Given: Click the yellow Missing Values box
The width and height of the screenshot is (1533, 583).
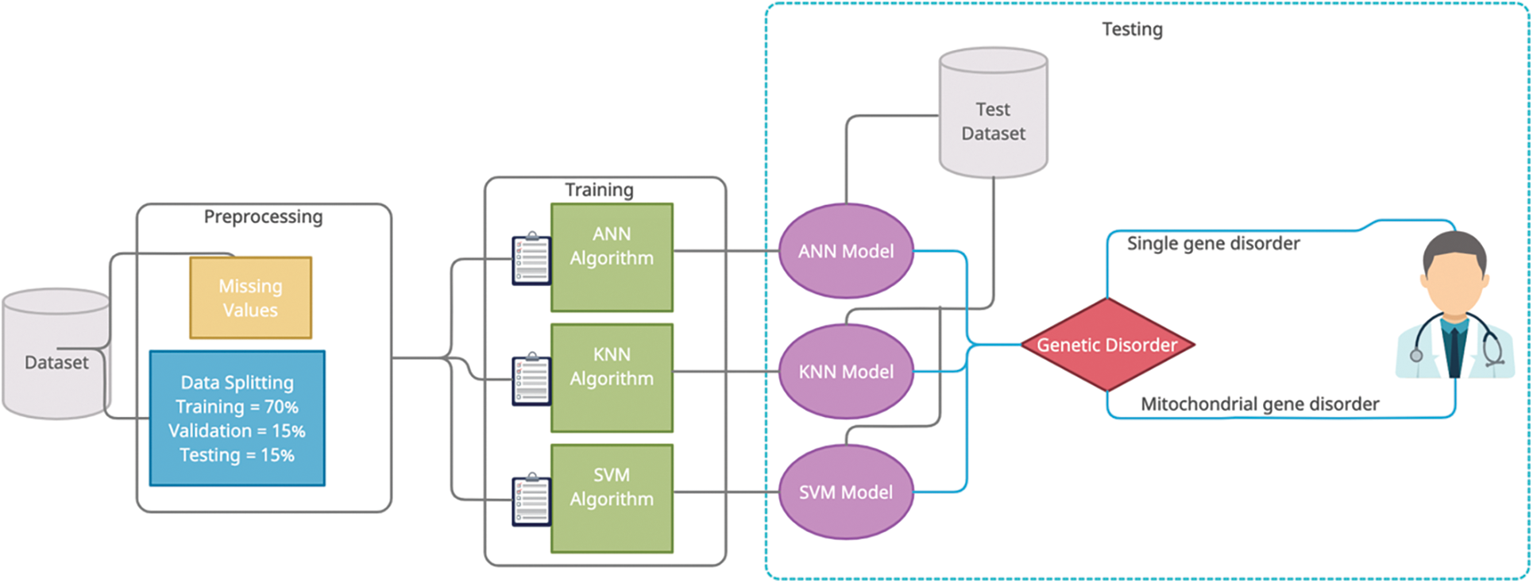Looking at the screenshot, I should (x=250, y=298).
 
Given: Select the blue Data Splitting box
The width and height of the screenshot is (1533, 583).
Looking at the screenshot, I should (x=237, y=418).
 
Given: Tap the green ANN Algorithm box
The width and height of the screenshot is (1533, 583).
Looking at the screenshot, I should (x=612, y=257).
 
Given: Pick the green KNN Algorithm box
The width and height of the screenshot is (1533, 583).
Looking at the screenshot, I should (x=612, y=378).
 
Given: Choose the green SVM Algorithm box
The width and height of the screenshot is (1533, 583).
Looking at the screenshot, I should (x=612, y=498).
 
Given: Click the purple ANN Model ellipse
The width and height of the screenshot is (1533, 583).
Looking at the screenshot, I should (x=846, y=251).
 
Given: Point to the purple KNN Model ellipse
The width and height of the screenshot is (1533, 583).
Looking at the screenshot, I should (x=846, y=371).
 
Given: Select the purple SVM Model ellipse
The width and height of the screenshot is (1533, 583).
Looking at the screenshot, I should (x=846, y=492).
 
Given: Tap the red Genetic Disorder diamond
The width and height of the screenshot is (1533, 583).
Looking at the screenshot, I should (x=1107, y=345).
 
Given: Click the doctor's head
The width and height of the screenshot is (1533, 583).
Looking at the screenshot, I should (x=1454, y=270).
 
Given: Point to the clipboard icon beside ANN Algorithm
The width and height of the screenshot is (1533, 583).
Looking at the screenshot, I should (x=531, y=258).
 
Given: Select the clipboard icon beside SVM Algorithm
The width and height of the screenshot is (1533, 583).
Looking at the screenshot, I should (x=531, y=500).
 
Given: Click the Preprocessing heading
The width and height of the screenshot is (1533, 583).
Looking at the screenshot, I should (x=263, y=217).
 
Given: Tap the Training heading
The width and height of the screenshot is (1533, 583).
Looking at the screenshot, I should (x=599, y=190).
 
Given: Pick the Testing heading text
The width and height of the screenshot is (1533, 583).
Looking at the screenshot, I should (x=1132, y=29).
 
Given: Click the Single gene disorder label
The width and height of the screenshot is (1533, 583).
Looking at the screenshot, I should (x=1213, y=243).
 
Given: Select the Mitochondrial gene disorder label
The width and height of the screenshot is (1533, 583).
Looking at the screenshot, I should (x=1259, y=404).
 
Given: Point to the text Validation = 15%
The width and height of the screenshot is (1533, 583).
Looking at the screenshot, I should (x=237, y=430).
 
